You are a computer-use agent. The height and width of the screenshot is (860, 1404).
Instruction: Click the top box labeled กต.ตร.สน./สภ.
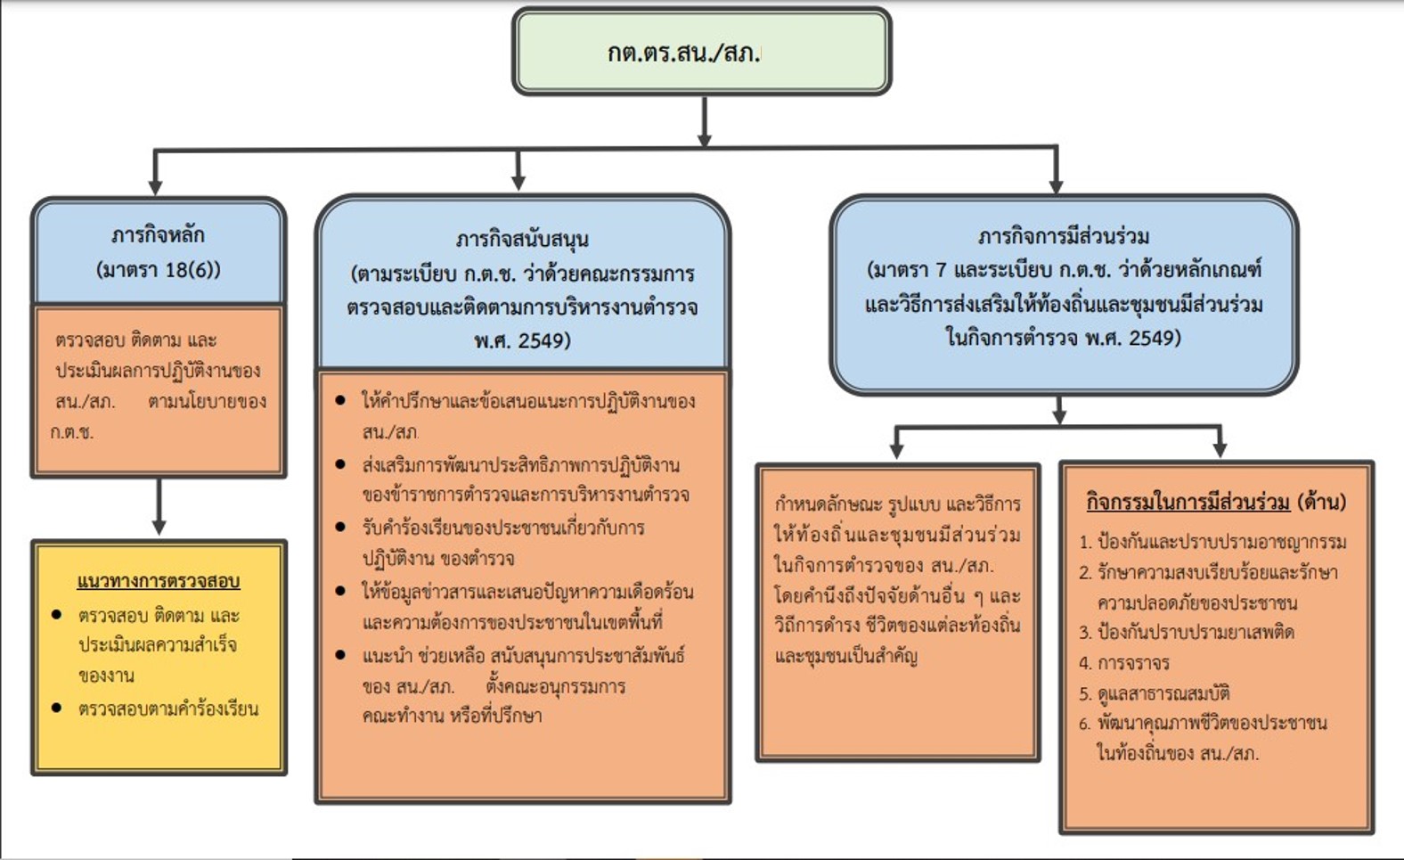coord(701,52)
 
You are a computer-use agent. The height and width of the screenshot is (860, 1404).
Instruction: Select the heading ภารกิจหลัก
coord(158,235)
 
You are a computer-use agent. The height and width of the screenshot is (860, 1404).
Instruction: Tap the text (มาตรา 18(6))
coord(158,269)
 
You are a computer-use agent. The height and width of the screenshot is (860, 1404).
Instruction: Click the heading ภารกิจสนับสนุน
coord(522,239)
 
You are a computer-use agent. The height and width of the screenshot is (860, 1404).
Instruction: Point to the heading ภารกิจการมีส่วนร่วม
coord(1063,236)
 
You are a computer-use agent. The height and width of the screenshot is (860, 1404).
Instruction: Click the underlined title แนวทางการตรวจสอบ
coord(159,581)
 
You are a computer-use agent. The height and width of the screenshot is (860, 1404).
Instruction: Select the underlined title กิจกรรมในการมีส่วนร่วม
coord(1188,502)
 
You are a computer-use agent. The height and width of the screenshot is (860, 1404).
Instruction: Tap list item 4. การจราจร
coord(1123,663)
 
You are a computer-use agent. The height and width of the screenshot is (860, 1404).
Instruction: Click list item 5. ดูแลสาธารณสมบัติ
coord(1154,693)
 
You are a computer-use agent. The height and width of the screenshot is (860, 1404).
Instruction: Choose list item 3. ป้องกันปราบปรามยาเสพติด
coord(1186,633)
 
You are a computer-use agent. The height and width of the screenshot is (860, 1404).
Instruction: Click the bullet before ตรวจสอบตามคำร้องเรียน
coord(57,708)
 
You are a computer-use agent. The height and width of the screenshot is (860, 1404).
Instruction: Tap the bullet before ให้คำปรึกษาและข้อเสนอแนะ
coord(340,401)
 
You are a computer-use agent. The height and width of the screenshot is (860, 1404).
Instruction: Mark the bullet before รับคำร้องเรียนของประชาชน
coord(340,528)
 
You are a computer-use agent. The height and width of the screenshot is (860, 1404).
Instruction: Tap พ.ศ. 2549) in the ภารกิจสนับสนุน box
coord(522,340)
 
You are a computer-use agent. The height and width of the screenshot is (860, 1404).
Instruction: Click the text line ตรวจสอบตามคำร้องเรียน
coord(168,709)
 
